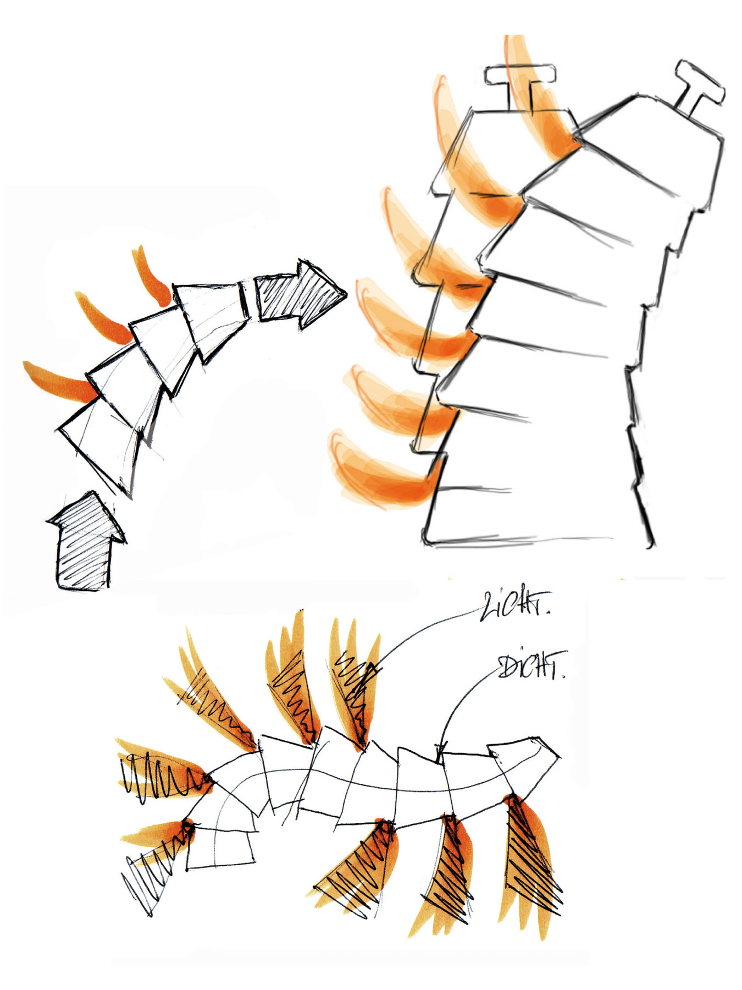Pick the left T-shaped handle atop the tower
[519, 82]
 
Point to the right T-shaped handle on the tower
[697, 88]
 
